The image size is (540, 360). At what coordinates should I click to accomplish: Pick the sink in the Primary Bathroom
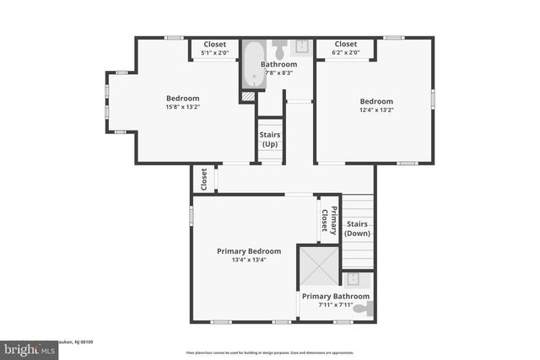tap(353, 279)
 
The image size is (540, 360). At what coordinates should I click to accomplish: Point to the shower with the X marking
tap(319, 267)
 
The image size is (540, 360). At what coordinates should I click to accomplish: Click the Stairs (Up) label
tap(269, 139)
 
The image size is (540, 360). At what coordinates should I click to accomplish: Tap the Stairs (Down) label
tap(357, 228)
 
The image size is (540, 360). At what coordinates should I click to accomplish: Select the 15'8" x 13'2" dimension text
tap(182, 107)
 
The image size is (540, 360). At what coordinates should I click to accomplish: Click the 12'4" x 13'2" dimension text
tap(376, 110)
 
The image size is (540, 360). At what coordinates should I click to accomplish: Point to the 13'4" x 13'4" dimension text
tap(249, 260)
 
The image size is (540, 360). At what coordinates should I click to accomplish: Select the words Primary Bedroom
tap(249, 250)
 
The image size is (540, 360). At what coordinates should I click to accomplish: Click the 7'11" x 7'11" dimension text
tap(335, 304)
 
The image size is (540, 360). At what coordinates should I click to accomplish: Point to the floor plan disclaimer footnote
tap(269, 352)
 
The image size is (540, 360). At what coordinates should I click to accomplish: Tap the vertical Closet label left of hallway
tap(203, 178)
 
